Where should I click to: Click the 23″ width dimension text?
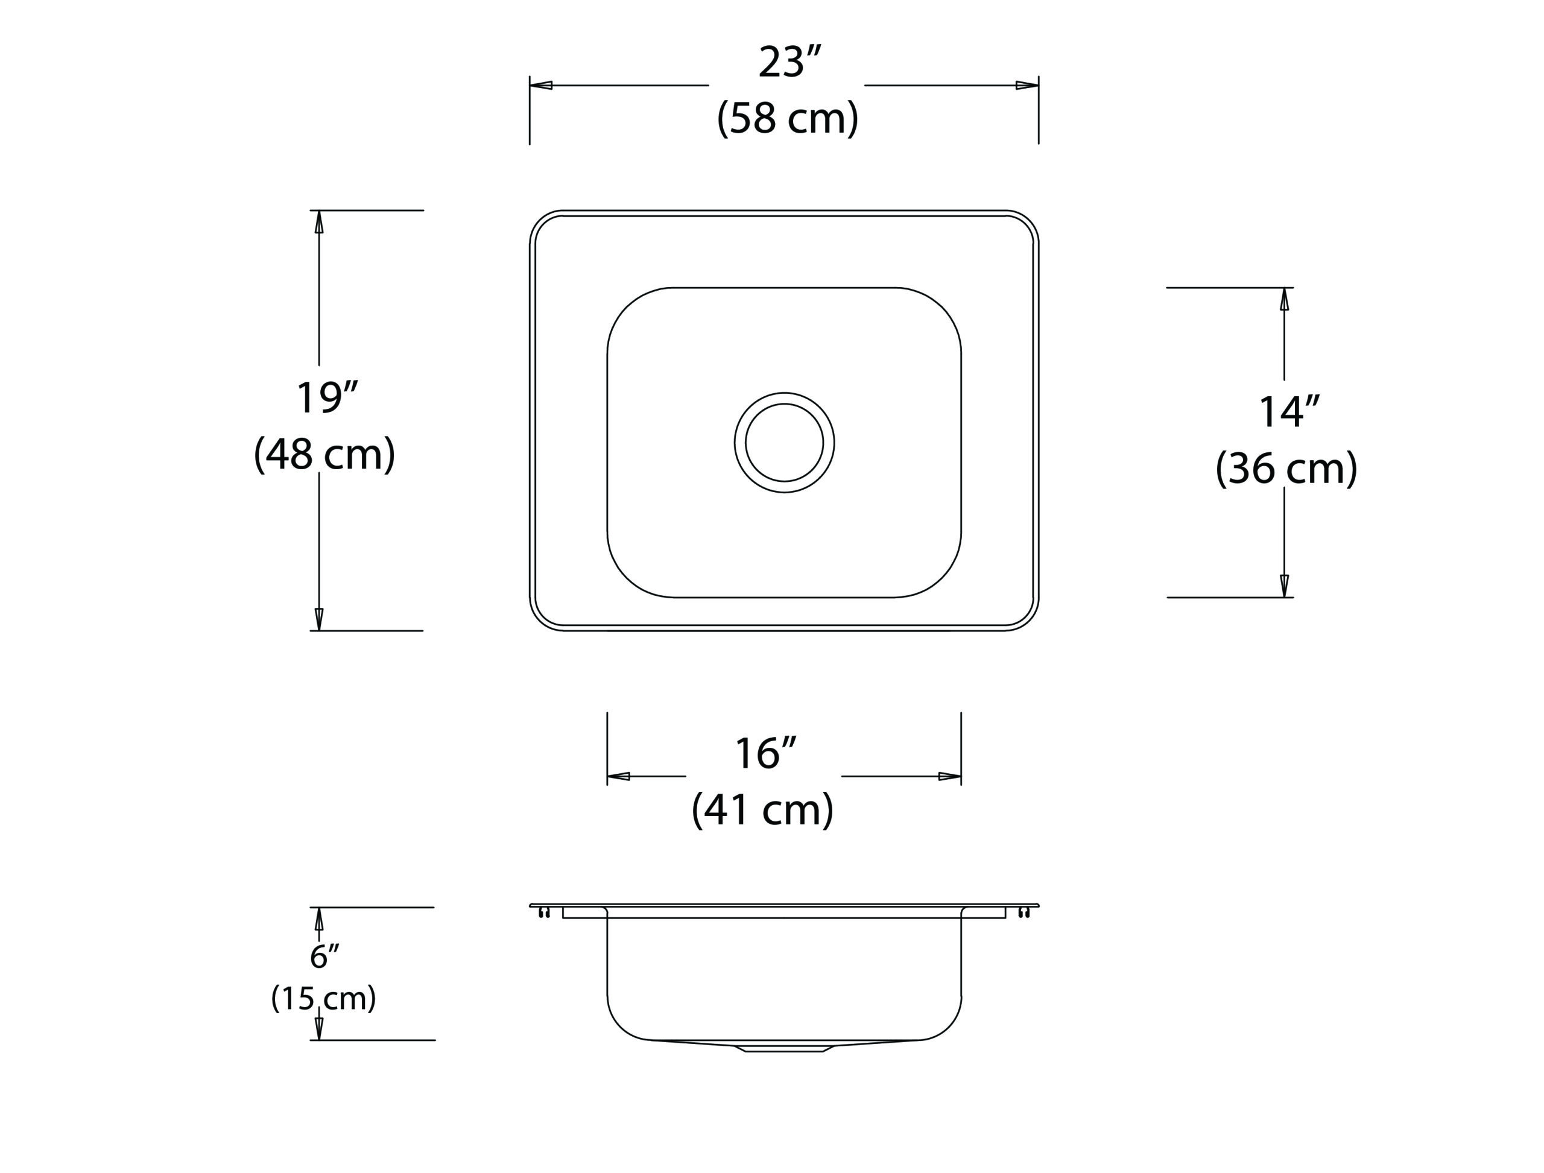(790, 62)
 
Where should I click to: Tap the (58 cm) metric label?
(788, 118)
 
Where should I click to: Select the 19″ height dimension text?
(327, 398)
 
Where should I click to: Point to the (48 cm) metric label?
(324, 455)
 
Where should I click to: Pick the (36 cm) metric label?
(1287, 469)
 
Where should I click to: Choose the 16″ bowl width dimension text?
(765, 753)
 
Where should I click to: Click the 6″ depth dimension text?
(324, 956)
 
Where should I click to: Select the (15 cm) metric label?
(323, 999)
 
